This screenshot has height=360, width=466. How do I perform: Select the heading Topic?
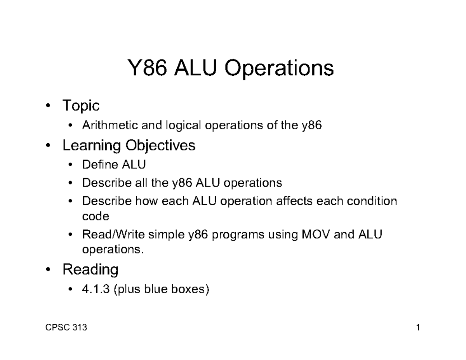click(x=81, y=106)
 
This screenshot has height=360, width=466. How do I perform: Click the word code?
click(x=96, y=216)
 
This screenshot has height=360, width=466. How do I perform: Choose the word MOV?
click(x=313, y=235)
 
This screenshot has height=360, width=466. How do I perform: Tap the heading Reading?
click(x=90, y=269)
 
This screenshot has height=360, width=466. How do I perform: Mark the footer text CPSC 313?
click(x=65, y=328)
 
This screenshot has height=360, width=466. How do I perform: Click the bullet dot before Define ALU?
click(x=70, y=165)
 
